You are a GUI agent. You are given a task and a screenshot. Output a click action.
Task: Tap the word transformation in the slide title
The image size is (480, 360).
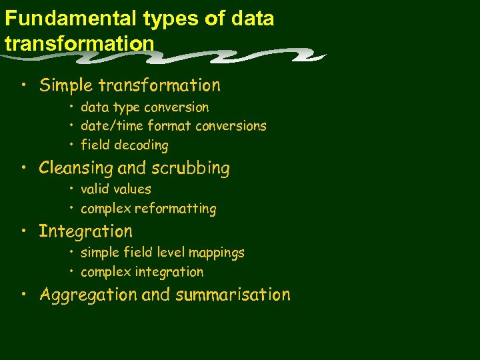click(x=79, y=43)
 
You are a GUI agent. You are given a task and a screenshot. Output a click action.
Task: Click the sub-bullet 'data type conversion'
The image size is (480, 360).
click(x=145, y=107)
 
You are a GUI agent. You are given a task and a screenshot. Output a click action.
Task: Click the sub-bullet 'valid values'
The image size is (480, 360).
click(x=116, y=189)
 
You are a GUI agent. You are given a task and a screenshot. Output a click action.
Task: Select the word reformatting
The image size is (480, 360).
click(x=175, y=209)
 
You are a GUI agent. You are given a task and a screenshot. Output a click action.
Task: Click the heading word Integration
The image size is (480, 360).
click(x=85, y=231)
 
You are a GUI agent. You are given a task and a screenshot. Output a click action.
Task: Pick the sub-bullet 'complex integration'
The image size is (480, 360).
click(x=142, y=272)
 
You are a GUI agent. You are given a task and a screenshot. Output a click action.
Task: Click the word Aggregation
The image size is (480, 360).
click(x=88, y=295)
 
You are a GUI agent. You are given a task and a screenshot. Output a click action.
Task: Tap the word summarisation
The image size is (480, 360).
click(x=233, y=295)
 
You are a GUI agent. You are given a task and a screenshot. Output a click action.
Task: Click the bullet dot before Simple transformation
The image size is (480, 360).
click(x=23, y=86)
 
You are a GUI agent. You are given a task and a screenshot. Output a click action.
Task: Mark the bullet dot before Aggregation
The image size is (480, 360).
click(x=23, y=295)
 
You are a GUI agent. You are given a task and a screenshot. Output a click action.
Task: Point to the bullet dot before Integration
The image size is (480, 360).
click(x=23, y=232)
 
